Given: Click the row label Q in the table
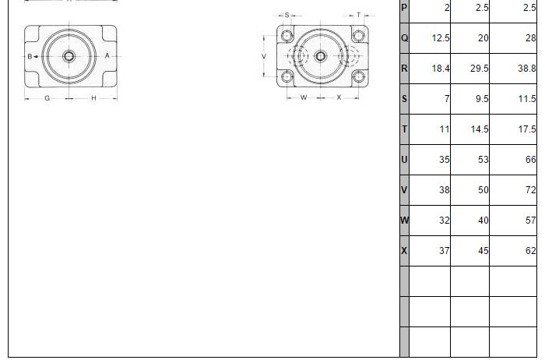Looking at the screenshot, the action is pos(404,38).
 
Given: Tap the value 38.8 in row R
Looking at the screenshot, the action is pos(526,69).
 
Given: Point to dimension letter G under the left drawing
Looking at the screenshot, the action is pos(47,98).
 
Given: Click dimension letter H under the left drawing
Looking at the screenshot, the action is pos(93,98).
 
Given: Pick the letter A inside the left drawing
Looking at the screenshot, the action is pos(107,55).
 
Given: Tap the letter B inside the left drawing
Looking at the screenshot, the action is pos(30,56).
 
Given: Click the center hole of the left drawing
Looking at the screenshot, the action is pos(69,56).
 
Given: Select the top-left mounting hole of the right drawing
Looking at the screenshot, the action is pos(287,36).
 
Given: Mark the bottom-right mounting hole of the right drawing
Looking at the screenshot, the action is pos(358,76).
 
